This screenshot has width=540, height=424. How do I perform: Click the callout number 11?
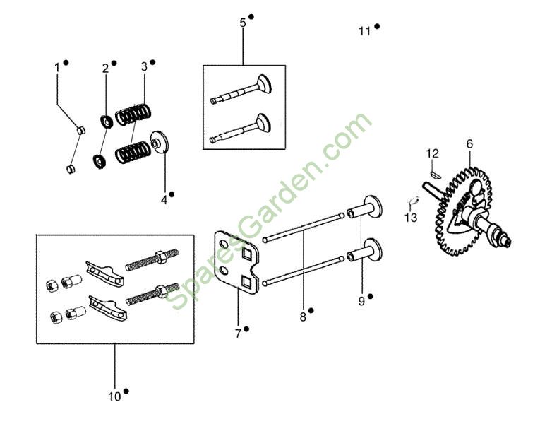pos(364,31)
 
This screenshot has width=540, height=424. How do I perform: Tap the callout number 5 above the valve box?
pos(243,23)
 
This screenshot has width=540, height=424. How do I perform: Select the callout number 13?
pos(411,218)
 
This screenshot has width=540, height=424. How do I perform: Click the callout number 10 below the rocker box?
pos(114,396)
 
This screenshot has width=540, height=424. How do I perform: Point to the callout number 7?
pos(238,334)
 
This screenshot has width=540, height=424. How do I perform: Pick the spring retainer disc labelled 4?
pos(160,141)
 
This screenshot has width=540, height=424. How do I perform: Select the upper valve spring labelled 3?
pos(133,114)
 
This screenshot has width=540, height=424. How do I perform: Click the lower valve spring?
pos(133,152)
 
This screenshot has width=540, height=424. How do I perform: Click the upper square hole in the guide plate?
pos(247,254)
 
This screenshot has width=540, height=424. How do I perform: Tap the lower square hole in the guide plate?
pos(248,283)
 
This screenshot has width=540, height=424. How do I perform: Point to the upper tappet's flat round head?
pos(373,207)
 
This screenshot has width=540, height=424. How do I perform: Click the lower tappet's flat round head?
pos(373,249)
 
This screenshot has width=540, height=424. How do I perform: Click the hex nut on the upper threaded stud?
pos(160,257)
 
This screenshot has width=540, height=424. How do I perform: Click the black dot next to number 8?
pos(311,310)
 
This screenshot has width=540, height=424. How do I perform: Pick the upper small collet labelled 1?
pos(81,131)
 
